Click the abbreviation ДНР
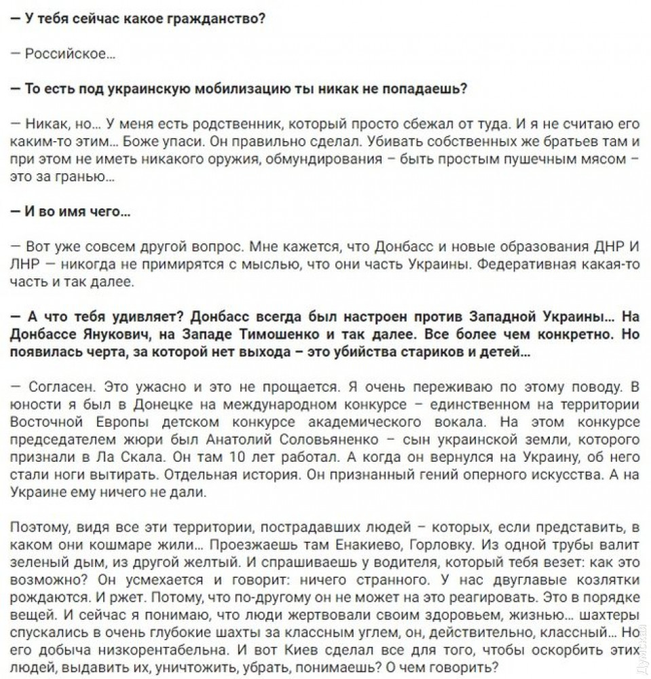[603, 246]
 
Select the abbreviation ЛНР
[25, 263]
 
